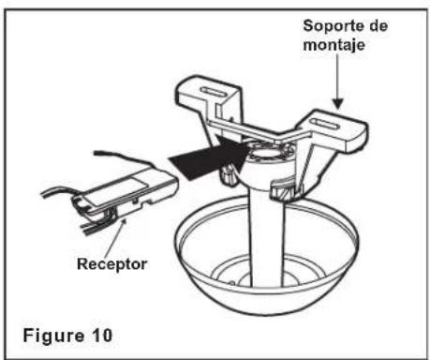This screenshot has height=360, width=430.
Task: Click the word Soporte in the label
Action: [333, 25]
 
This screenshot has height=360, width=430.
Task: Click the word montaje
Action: [334, 45]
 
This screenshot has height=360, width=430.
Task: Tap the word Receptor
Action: [111, 264]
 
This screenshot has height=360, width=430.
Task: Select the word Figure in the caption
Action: [53, 336]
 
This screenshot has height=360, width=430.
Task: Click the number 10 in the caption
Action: [102, 336]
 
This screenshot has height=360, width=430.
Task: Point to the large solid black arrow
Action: [210, 157]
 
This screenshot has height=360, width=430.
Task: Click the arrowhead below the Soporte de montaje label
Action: [337, 104]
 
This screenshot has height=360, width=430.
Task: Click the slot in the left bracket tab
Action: [214, 93]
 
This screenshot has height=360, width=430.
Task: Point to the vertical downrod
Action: [267, 237]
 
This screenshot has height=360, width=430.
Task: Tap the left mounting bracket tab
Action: [209, 94]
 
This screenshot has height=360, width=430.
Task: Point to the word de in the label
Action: [378, 25]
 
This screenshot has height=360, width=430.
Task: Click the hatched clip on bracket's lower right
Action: [283, 191]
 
